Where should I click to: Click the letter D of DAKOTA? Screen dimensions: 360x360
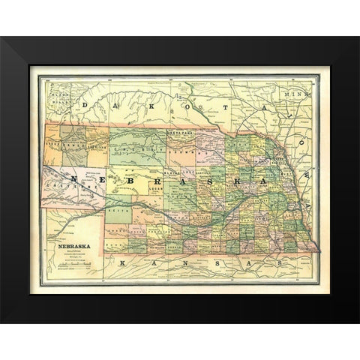(x=85, y=105)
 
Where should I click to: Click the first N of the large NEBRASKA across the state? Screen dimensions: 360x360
(x=75, y=179)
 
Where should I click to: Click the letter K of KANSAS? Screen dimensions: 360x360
(x=121, y=262)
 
